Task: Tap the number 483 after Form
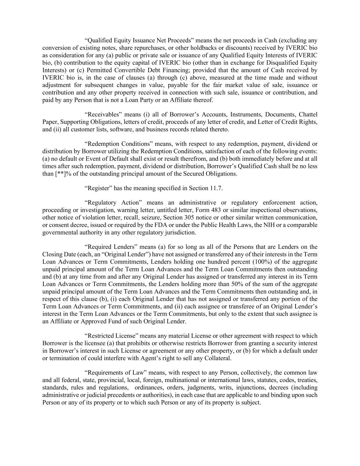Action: click(216, 210)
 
